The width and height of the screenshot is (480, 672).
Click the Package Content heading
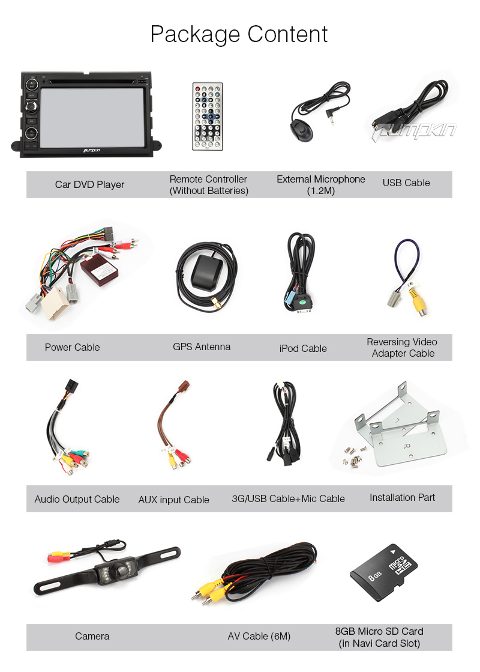(239, 34)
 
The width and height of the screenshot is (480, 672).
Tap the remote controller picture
(207, 116)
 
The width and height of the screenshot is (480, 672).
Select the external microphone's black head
(299, 131)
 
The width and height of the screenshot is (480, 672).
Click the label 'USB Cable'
(406, 183)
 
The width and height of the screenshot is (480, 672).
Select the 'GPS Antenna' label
(202, 347)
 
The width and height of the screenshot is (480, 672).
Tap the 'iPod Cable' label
(303, 348)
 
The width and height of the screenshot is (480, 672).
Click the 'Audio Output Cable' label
(77, 499)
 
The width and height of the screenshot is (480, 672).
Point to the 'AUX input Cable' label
(173, 500)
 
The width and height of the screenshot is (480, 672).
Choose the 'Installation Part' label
(402, 497)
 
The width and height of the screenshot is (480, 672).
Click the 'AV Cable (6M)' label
(259, 636)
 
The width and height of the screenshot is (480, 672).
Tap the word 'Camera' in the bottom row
(92, 636)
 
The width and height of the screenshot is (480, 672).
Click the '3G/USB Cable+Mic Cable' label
(288, 498)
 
